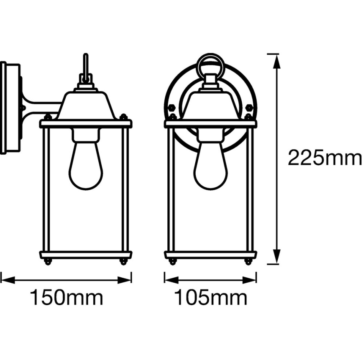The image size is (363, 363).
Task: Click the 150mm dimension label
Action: [x=66, y=298]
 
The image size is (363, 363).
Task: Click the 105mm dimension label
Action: [x=210, y=298]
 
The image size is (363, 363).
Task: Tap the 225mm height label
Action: [x=325, y=158]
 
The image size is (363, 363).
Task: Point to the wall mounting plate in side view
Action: [x=9, y=108]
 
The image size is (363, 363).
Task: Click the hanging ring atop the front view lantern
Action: [x=210, y=64]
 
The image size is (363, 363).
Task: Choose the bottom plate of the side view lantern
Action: [x=86, y=255]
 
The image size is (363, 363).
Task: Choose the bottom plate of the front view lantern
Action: [x=210, y=255]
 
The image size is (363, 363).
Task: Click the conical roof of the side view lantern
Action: [x=86, y=106]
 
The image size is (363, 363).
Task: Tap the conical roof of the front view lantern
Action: [x=210, y=106]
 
